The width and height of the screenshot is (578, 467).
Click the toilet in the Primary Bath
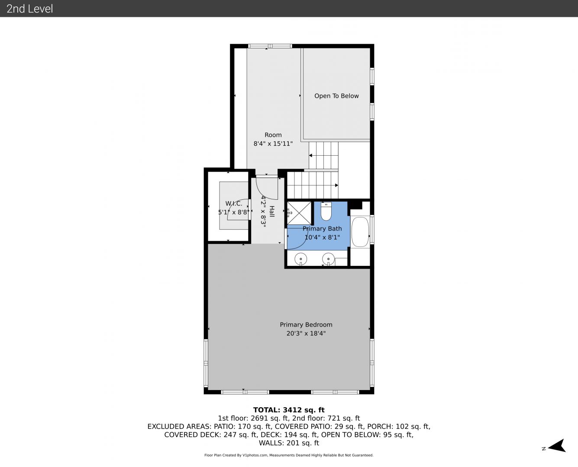(x=326, y=211)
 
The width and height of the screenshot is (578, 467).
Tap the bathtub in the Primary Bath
(x=360, y=232)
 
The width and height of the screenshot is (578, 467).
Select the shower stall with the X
(x=299, y=213)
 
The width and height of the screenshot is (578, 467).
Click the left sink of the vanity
(x=300, y=259)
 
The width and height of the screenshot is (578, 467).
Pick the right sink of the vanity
(x=328, y=259)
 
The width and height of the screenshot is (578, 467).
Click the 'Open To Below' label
(x=336, y=96)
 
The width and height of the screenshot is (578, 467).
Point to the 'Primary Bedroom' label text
(x=306, y=325)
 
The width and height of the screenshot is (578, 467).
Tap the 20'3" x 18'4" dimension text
(x=306, y=333)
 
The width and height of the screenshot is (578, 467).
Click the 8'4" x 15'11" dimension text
(x=273, y=144)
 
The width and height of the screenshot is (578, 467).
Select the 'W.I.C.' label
(x=234, y=204)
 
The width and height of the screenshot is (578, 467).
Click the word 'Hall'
(x=272, y=211)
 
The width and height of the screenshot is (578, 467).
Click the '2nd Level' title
(x=29, y=9)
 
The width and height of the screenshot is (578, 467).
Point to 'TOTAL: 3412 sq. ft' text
(x=289, y=410)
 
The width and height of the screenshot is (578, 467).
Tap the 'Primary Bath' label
(x=322, y=229)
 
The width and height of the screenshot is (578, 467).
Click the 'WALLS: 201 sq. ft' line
(x=289, y=443)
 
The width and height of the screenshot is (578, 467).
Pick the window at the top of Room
(x=270, y=46)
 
